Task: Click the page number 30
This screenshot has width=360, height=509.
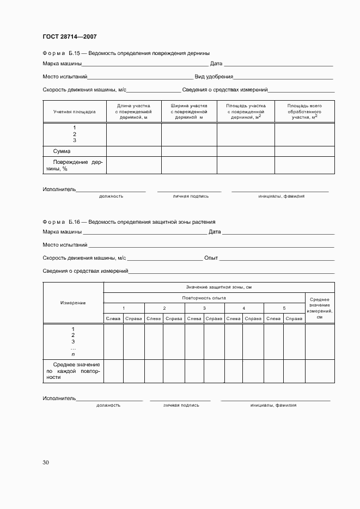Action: pos(46,462)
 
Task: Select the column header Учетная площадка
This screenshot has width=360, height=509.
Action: pos(74,111)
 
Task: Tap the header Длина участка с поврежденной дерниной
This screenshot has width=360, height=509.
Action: pos(133,111)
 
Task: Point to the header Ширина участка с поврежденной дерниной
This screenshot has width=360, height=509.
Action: pos(189,111)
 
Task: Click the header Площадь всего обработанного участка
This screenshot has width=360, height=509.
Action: pos(304,111)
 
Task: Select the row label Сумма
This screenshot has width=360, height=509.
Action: pos(62,151)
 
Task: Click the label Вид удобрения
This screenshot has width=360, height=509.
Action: pos(214,77)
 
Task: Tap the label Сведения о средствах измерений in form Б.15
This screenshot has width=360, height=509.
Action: pos(224,90)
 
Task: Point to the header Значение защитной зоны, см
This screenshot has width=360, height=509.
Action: pos(218,287)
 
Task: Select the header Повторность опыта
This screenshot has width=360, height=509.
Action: pos(204,298)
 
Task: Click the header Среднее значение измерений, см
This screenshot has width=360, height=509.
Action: pos(320,308)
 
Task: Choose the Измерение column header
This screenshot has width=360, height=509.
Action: pos(73,303)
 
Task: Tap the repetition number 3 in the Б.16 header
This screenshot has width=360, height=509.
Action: pos(204,308)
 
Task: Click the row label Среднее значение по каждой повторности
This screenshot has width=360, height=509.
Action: pos(73,370)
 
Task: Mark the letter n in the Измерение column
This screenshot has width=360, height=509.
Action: pos(74,354)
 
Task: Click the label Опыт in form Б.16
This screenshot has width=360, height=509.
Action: pos(211,258)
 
